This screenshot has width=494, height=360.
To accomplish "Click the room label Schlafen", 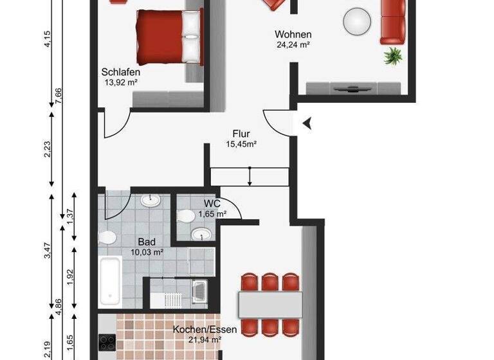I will (x=121, y=72).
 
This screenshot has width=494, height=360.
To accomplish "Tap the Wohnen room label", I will (x=293, y=34).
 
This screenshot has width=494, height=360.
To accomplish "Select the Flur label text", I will (x=241, y=134).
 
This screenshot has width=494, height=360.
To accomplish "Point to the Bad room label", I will (x=147, y=242).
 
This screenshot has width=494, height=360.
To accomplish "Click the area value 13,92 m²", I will (x=121, y=82).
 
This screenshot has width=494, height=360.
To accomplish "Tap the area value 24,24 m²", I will (x=293, y=45).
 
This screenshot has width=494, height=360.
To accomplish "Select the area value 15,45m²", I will (x=241, y=145).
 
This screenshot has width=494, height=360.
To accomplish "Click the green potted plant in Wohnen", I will (x=392, y=56).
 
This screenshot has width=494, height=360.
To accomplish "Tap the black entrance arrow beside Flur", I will (x=307, y=123).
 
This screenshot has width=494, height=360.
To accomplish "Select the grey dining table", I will (x=270, y=303).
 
